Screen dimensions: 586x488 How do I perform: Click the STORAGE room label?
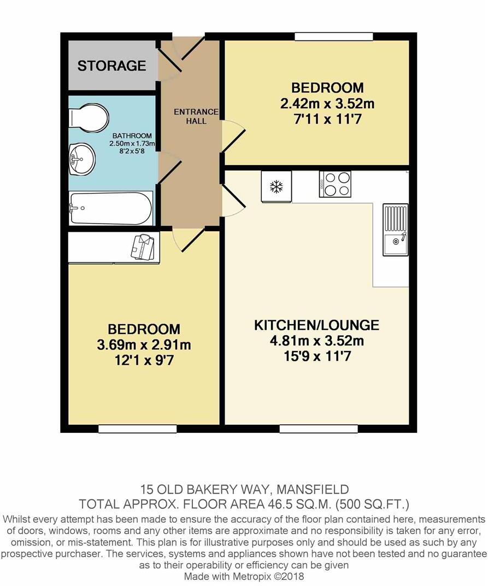point(111,66)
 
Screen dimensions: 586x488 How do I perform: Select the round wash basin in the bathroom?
point(81,159)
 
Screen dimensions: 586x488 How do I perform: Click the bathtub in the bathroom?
point(111,208)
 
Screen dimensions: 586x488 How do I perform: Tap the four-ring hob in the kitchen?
point(335,184)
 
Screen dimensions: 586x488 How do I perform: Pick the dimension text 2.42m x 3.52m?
point(327,103)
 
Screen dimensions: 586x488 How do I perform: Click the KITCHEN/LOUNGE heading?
point(316,325)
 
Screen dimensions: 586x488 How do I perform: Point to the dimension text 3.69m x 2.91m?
point(143,345)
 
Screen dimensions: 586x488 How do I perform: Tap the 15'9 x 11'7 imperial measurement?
point(317,357)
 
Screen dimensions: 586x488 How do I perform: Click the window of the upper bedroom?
point(334,37)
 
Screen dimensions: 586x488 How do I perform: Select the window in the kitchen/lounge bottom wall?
point(319,429)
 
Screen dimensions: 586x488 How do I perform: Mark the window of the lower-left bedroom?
point(137,429)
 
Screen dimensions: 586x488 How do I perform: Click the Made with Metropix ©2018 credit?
point(244,576)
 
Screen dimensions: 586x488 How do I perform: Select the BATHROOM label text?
point(132,136)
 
